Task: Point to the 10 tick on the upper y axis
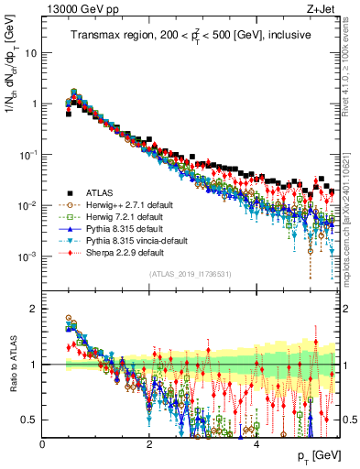(x=33, y=52)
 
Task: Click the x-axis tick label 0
(x=42, y=443)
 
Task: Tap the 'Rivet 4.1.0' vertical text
(x=353, y=69)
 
